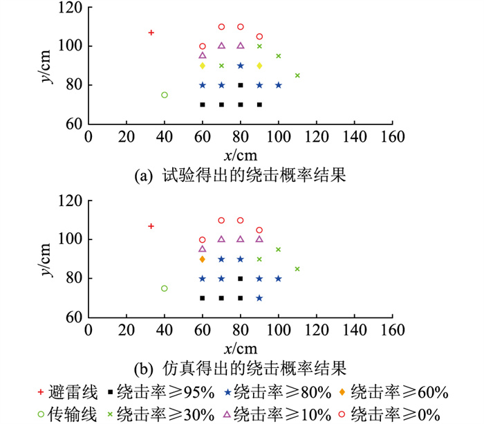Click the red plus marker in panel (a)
tap(151, 33)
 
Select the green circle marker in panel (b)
tap(164, 288)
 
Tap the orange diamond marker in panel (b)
tap(203, 259)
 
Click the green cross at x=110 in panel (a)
tap(297, 75)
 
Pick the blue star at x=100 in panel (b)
tap(279, 279)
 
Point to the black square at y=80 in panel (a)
tap(241, 85)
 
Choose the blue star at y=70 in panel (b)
tap(259, 298)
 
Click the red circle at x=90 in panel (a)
tap(259, 37)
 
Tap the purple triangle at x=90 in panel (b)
tap(259, 239)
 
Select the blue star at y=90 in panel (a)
tap(241, 66)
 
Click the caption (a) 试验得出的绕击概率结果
tap(239, 177)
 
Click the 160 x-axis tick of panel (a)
tap(393, 137)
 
